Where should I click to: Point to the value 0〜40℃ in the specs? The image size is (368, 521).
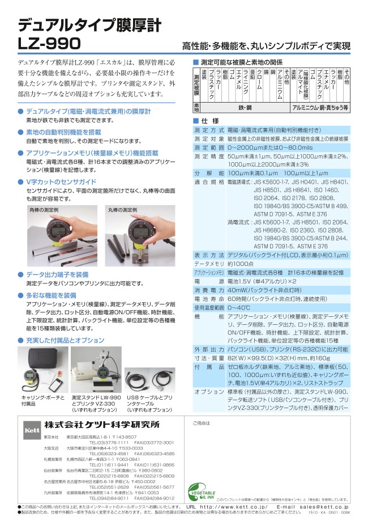click(240, 307)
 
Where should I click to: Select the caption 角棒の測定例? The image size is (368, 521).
click(43, 210)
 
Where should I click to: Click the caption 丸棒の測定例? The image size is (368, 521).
click(122, 210)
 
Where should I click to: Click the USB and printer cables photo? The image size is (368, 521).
click(151, 369)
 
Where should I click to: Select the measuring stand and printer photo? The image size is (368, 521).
click(96, 368)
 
